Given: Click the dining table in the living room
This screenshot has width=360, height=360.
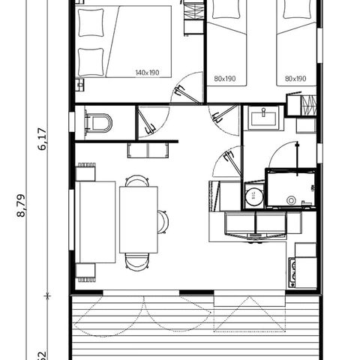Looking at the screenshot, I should click(138, 220).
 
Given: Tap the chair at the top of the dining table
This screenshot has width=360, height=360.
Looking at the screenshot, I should click(136, 181).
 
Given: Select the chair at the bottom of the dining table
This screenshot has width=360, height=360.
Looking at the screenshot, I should click(136, 260).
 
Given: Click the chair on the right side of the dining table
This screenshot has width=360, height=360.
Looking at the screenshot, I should click(163, 221).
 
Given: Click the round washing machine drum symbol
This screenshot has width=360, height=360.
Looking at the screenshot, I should click(253, 196).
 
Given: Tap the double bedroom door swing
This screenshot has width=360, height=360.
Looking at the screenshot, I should click(187, 88).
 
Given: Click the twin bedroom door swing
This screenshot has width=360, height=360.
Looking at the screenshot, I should click(223, 112).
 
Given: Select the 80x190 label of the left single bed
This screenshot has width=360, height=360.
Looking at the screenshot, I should click(224, 78).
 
